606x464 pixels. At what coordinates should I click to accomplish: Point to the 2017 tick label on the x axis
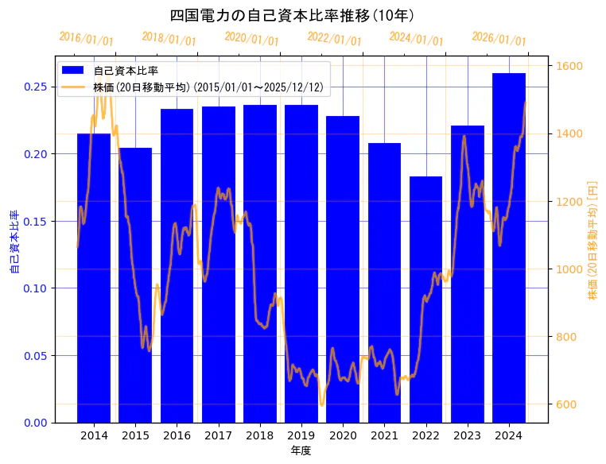coord(218,435)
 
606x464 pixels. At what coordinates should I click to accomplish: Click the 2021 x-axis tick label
coord(384,435)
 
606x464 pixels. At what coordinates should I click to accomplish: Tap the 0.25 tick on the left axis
coord(35,87)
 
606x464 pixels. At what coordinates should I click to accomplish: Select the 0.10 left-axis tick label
coord(35,288)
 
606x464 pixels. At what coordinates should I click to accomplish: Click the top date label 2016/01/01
coord(86,38)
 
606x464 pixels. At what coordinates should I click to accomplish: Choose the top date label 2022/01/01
coord(334,38)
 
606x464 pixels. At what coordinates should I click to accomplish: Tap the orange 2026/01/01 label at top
coord(499,38)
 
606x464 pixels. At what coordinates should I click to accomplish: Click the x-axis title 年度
coord(301,450)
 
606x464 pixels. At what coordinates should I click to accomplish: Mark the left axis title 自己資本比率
coord(14,242)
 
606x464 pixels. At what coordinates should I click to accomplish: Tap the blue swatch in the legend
coord(73,71)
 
